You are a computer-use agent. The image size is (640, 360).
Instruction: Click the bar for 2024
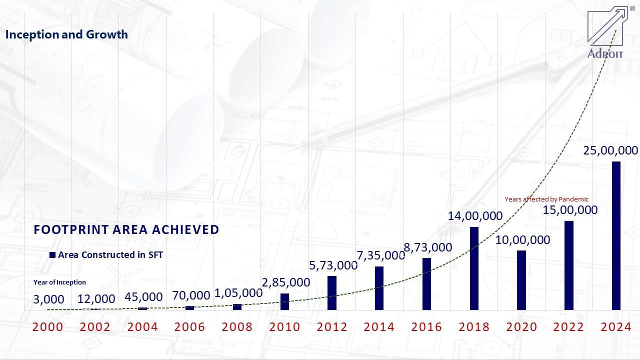click(x=616, y=235)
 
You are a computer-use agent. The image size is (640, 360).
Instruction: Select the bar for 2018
click(x=474, y=268)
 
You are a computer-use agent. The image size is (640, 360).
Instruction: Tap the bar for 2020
click(x=521, y=280)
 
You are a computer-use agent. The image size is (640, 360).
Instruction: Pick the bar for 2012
click(x=332, y=293)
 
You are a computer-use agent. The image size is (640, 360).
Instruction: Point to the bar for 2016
click(x=426, y=284)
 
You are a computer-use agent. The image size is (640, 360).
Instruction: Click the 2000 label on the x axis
click(x=48, y=327)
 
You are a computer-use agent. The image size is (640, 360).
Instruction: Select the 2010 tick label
click(x=285, y=327)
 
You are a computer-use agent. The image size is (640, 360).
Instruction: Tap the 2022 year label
click(x=569, y=327)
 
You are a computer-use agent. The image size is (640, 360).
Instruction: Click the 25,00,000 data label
click(x=610, y=150)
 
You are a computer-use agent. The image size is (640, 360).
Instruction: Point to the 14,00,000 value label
click(x=475, y=216)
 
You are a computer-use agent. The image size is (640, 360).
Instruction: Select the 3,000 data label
click(x=48, y=299)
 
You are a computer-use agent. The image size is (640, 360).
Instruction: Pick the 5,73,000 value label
click(x=333, y=265)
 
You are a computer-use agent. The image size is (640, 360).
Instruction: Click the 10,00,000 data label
click(x=522, y=240)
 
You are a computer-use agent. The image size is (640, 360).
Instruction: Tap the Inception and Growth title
click(x=66, y=34)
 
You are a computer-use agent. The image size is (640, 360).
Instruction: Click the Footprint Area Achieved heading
click(x=126, y=229)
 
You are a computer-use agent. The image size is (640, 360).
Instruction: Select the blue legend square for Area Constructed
click(x=52, y=255)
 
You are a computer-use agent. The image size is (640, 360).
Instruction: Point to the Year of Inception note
click(x=59, y=282)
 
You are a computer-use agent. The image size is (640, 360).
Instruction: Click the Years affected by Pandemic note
click(x=546, y=199)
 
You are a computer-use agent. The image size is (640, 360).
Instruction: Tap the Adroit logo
click(x=606, y=33)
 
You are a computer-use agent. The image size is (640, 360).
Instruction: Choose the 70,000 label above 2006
click(x=191, y=295)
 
